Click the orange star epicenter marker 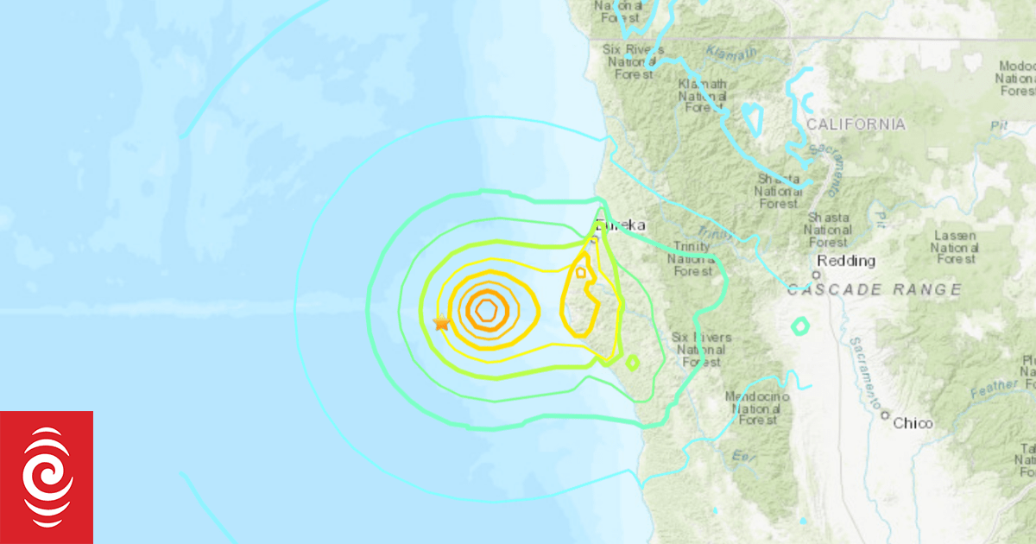[441, 323]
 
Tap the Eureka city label [619, 225]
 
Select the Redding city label [846, 261]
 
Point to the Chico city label [913, 423]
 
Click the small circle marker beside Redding [815, 275]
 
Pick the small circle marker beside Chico [885, 415]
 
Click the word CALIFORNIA [856, 124]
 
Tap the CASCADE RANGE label [874, 289]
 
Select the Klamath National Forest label [702, 95]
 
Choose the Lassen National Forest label [954, 247]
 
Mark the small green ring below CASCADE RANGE [800, 326]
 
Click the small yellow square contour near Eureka [581, 273]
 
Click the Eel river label [738, 456]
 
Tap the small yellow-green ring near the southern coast [632, 363]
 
